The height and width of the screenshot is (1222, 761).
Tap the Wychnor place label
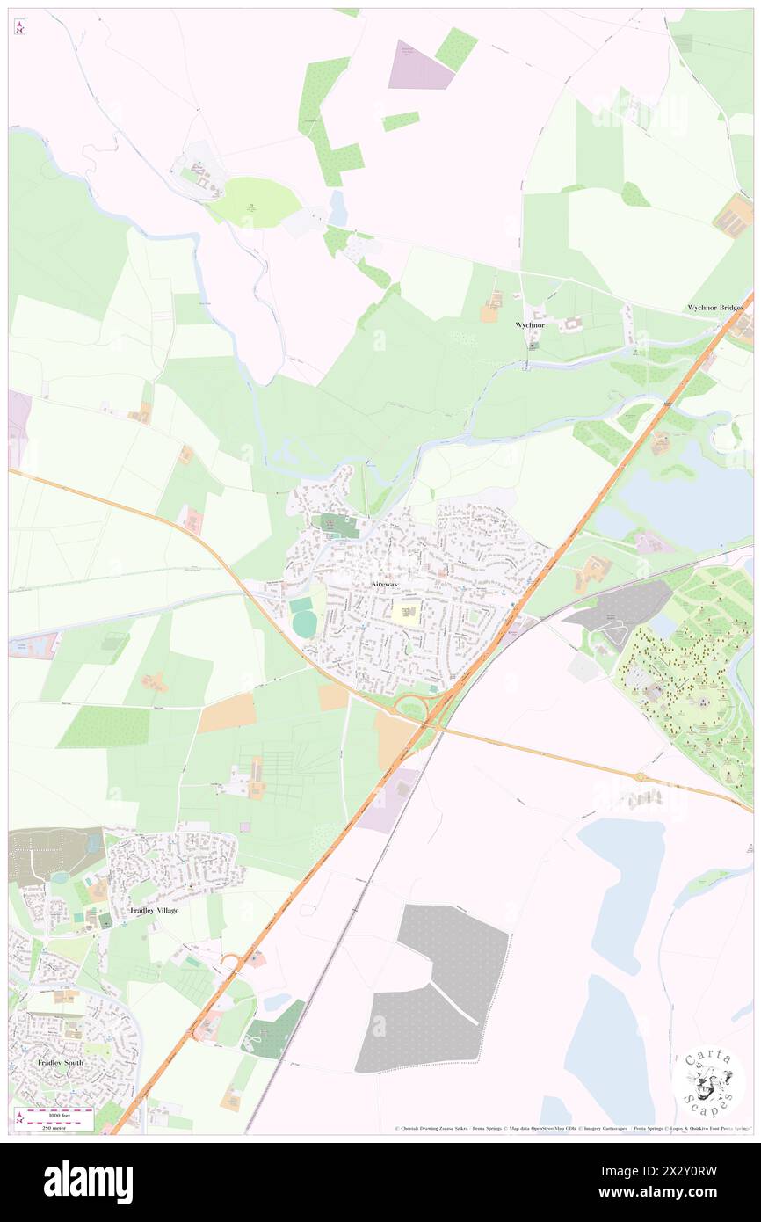(x=530, y=325)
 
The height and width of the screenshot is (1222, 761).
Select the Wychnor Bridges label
(x=714, y=308)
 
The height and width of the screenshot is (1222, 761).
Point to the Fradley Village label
(x=154, y=910)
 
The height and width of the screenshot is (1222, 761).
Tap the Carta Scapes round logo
(x=708, y=1082)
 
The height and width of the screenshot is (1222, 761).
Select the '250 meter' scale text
(x=59, y=1126)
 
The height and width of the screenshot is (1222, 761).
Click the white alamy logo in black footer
(x=88, y=1181)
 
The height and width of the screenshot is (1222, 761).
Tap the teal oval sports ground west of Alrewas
(x=304, y=623)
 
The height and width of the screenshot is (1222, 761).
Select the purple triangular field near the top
(x=417, y=66)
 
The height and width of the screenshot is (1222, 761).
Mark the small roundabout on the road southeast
(x=640, y=776)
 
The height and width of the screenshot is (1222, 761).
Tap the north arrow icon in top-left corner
(x=19, y=27)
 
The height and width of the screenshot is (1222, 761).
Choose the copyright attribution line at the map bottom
(x=571, y=1128)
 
